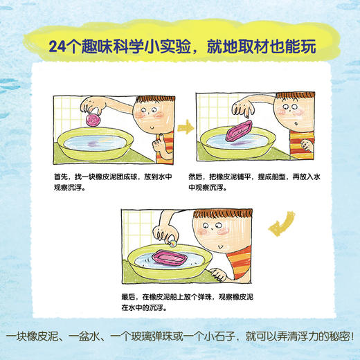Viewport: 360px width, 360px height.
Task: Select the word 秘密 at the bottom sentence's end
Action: [336, 339]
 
